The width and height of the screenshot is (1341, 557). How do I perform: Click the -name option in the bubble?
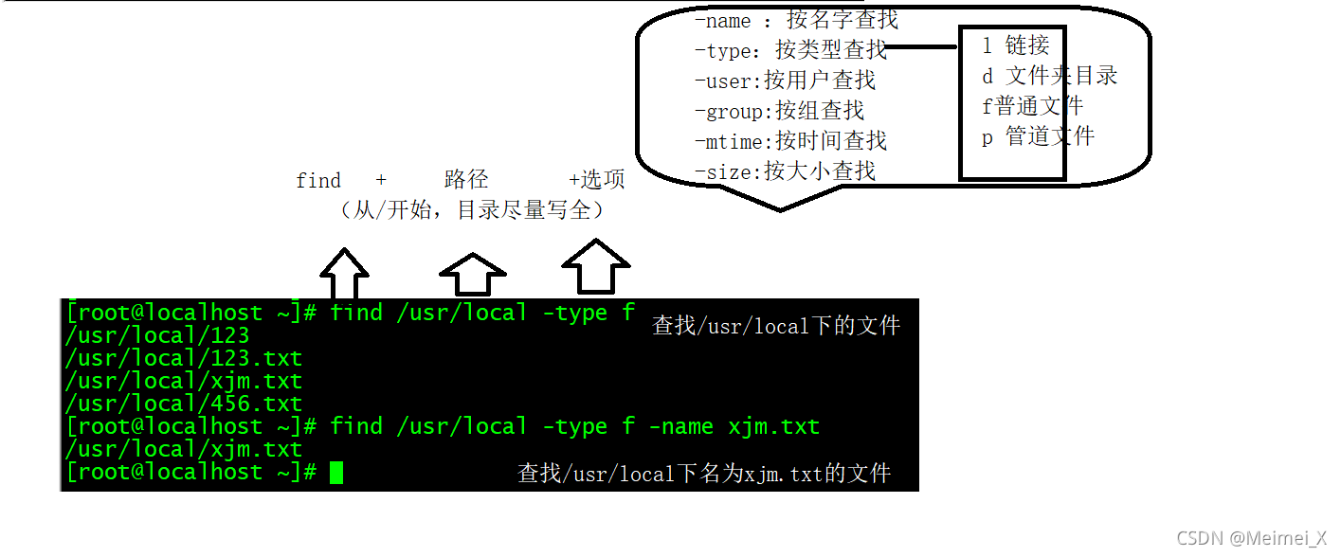tap(722, 21)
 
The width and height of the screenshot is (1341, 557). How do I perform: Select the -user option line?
tap(785, 81)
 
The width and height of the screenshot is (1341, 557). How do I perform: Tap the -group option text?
tap(779, 111)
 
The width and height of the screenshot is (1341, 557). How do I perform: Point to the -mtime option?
tap(790, 141)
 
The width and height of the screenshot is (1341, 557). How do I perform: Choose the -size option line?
tap(785, 171)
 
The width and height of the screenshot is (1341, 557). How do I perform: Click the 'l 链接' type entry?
tap(1016, 45)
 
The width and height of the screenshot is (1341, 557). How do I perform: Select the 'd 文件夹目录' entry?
tap(1050, 76)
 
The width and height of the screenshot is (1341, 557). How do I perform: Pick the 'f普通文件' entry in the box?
tap(1032, 106)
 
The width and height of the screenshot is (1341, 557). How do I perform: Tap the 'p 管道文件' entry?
tap(1038, 136)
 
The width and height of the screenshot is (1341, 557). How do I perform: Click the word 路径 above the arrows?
tap(466, 180)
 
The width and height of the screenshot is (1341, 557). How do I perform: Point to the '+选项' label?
tap(597, 180)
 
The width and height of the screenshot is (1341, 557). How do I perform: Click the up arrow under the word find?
tap(344, 274)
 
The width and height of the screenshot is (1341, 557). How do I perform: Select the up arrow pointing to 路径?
tap(473, 274)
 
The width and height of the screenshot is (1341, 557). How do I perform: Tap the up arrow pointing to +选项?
tap(596, 266)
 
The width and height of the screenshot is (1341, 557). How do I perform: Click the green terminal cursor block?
tap(336, 472)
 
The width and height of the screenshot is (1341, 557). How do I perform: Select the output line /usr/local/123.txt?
tap(183, 358)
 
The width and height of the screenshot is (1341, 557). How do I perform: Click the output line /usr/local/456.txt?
tap(183, 404)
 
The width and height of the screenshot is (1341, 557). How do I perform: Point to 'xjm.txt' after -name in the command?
tap(773, 426)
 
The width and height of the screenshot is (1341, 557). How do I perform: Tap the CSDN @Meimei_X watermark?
tap(1251, 538)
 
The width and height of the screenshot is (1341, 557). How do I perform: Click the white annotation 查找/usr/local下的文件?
tap(776, 326)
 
